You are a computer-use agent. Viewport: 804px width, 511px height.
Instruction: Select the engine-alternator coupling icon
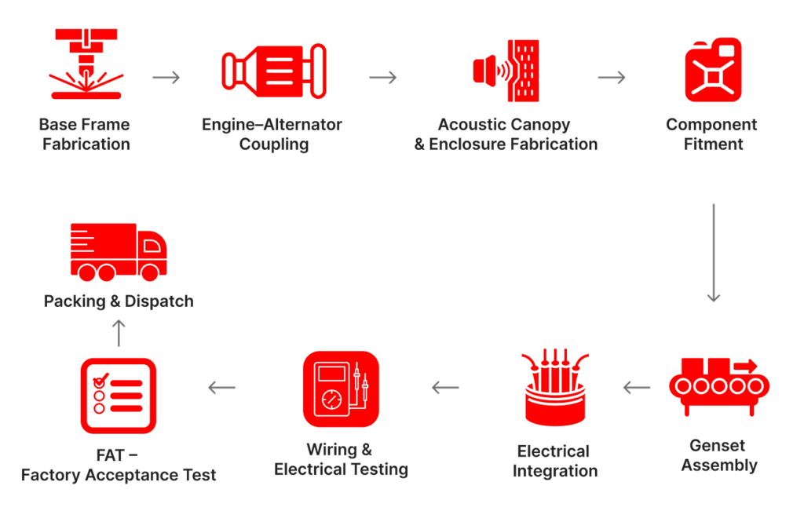point(273,71)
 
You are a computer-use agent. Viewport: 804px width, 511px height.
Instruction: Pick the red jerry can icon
point(712,70)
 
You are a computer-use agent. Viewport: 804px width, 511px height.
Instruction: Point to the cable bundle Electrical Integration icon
point(555,388)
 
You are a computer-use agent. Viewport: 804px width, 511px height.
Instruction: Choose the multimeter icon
point(341,389)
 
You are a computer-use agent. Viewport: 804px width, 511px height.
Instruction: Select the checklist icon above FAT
point(118,395)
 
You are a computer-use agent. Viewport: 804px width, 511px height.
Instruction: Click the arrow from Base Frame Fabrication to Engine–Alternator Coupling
point(166,77)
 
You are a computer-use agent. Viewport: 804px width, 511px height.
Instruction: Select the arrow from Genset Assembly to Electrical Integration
point(636,387)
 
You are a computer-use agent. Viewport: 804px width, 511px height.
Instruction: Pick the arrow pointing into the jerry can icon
point(612,77)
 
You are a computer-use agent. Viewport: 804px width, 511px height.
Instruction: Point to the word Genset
point(718,446)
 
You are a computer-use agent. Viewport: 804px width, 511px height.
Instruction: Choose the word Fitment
point(713,144)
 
